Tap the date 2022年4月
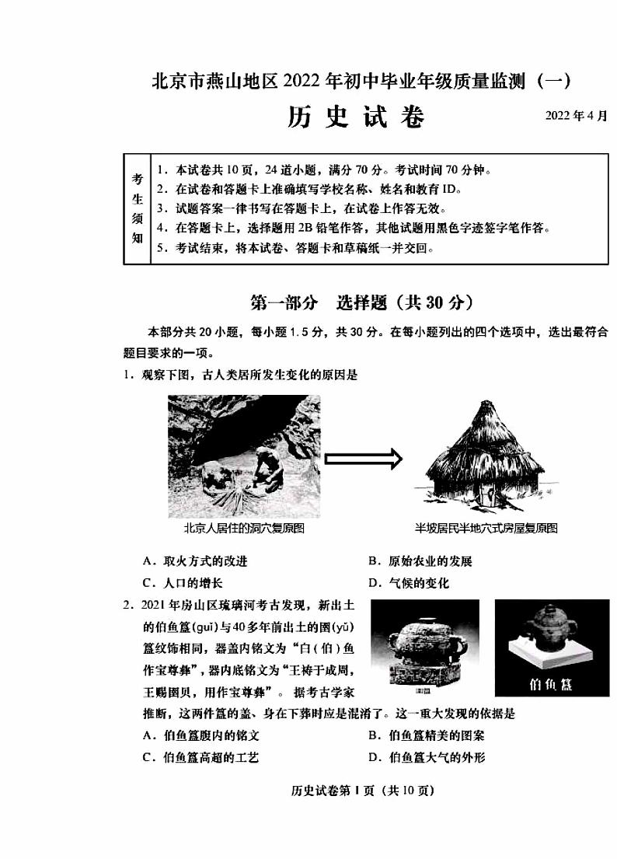(x=576, y=116)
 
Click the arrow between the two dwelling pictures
(x=363, y=459)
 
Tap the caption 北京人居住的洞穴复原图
(x=243, y=529)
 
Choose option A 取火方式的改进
(x=195, y=561)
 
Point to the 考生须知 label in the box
(x=137, y=208)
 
